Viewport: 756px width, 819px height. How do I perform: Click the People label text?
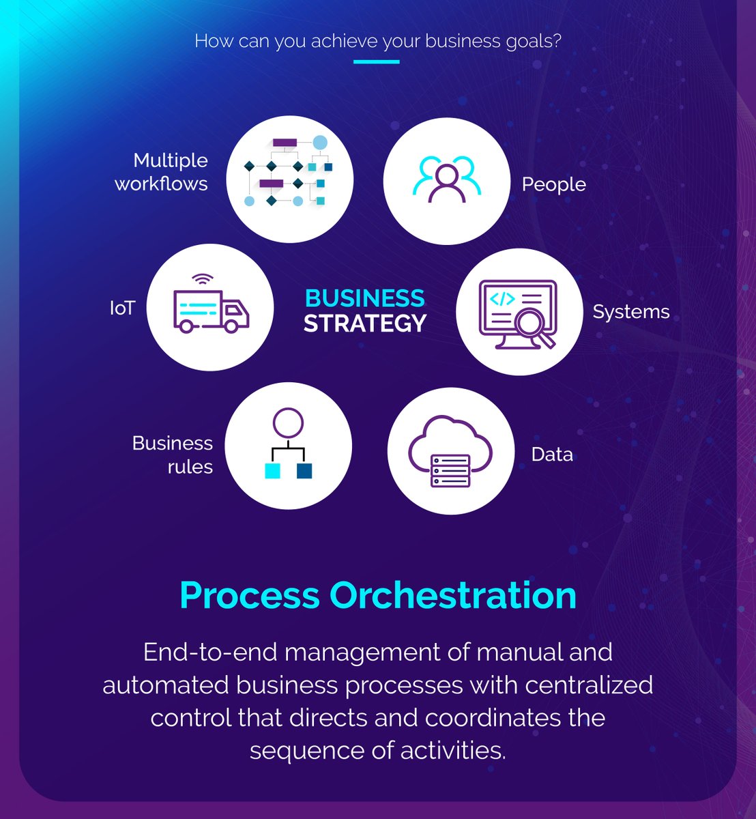(x=553, y=185)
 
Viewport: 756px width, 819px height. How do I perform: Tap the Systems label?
(x=630, y=312)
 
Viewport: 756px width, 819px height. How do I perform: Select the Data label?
(x=552, y=455)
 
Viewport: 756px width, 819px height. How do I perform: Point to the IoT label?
(x=122, y=308)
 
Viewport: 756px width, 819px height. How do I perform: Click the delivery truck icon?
(x=211, y=311)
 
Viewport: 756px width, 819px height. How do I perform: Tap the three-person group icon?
(x=446, y=179)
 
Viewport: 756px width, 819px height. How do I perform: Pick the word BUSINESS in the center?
(x=364, y=298)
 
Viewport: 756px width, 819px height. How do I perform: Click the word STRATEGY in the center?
(x=365, y=324)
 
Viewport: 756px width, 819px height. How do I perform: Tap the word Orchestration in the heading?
(x=453, y=595)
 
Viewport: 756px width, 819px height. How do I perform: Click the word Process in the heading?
(x=249, y=595)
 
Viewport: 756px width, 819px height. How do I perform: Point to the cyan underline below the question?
(x=376, y=62)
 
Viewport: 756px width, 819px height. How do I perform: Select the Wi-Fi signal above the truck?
(x=203, y=279)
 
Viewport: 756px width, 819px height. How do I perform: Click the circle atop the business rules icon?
(x=287, y=422)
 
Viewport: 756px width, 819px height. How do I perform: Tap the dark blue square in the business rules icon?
(x=304, y=470)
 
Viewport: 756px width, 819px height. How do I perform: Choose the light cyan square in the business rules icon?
(x=272, y=470)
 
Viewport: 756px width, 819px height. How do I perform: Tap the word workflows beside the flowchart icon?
(x=161, y=184)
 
